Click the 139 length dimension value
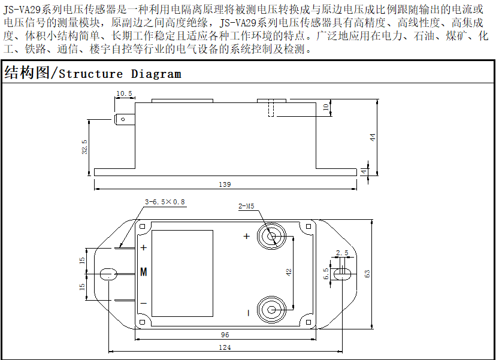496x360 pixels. click(x=225, y=184)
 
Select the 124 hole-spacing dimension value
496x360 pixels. click(x=225, y=347)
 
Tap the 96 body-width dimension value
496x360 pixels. click(x=225, y=335)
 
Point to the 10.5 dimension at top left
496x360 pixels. click(x=124, y=93)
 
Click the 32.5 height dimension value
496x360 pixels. click(x=84, y=147)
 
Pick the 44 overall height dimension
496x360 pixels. click(x=373, y=137)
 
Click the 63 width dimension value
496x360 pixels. click(x=367, y=274)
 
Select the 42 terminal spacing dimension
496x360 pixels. click(x=289, y=273)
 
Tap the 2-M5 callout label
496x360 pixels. click(x=246, y=206)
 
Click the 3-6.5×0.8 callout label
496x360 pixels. click(x=165, y=202)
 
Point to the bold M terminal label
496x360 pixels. click(x=144, y=272)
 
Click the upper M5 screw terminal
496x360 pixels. click(x=271, y=237)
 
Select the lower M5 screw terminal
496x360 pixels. click(x=271, y=310)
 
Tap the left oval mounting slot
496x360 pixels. click(x=108, y=274)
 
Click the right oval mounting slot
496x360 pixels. click(x=342, y=274)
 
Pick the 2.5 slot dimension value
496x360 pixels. click(x=342, y=253)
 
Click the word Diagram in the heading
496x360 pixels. click(x=156, y=74)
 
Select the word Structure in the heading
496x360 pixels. click(x=91, y=74)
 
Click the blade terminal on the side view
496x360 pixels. click(x=125, y=119)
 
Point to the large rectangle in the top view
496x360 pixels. click(x=182, y=273)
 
